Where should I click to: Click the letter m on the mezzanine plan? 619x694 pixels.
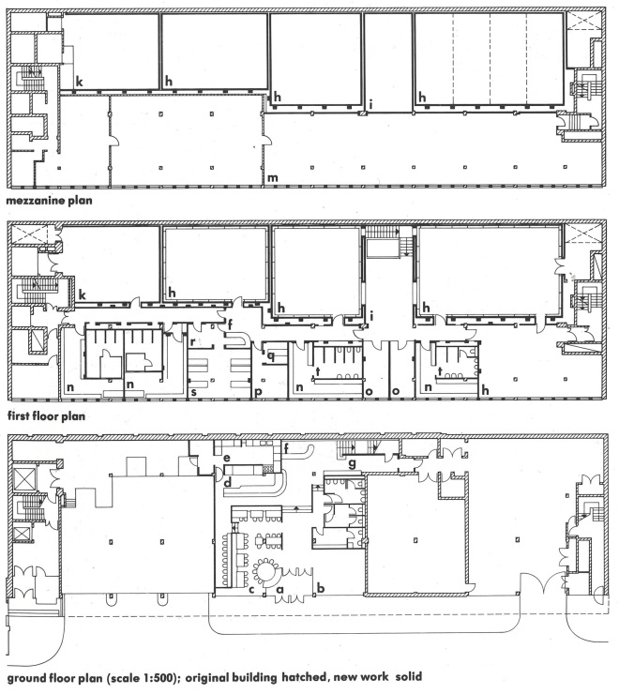click(x=273, y=177)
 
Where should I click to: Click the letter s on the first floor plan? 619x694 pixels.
click(x=193, y=389)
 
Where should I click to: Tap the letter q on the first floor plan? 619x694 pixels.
click(x=270, y=356)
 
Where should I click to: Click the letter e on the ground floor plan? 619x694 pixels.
click(x=227, y=458)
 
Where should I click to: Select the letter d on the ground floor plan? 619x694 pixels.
click(x=228, y=483)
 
